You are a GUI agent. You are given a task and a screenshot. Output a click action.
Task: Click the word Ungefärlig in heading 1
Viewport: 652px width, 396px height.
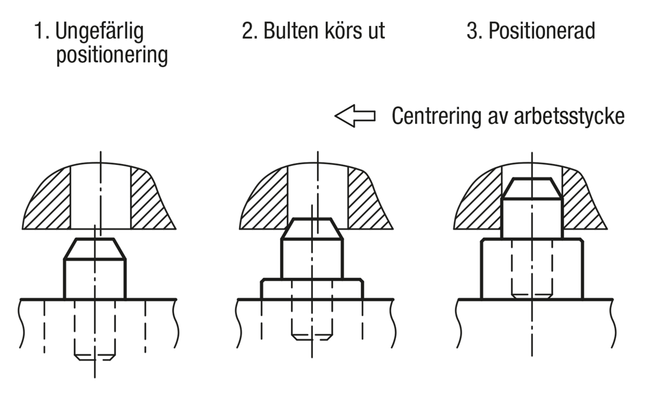pos(100,32)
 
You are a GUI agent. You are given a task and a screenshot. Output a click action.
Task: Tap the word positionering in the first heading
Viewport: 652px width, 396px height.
pos(112,55)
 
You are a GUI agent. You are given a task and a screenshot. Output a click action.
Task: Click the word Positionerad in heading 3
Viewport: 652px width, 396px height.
pos(541,31)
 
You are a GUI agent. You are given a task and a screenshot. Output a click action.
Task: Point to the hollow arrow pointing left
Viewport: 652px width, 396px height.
pos(354,116)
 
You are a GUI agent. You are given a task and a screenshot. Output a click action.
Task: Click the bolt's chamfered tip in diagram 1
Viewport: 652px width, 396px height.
pos(95,249)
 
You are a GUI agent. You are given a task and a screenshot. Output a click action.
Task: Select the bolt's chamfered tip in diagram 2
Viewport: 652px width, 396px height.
pos(311,229)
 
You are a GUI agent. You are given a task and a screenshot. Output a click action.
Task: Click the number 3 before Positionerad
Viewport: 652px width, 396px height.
pos(472,31)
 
